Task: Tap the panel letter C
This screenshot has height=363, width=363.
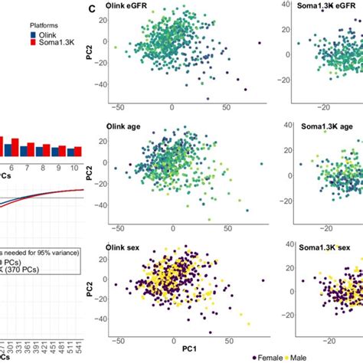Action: [92, 10]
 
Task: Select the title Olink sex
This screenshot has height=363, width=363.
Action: [127, 248]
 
